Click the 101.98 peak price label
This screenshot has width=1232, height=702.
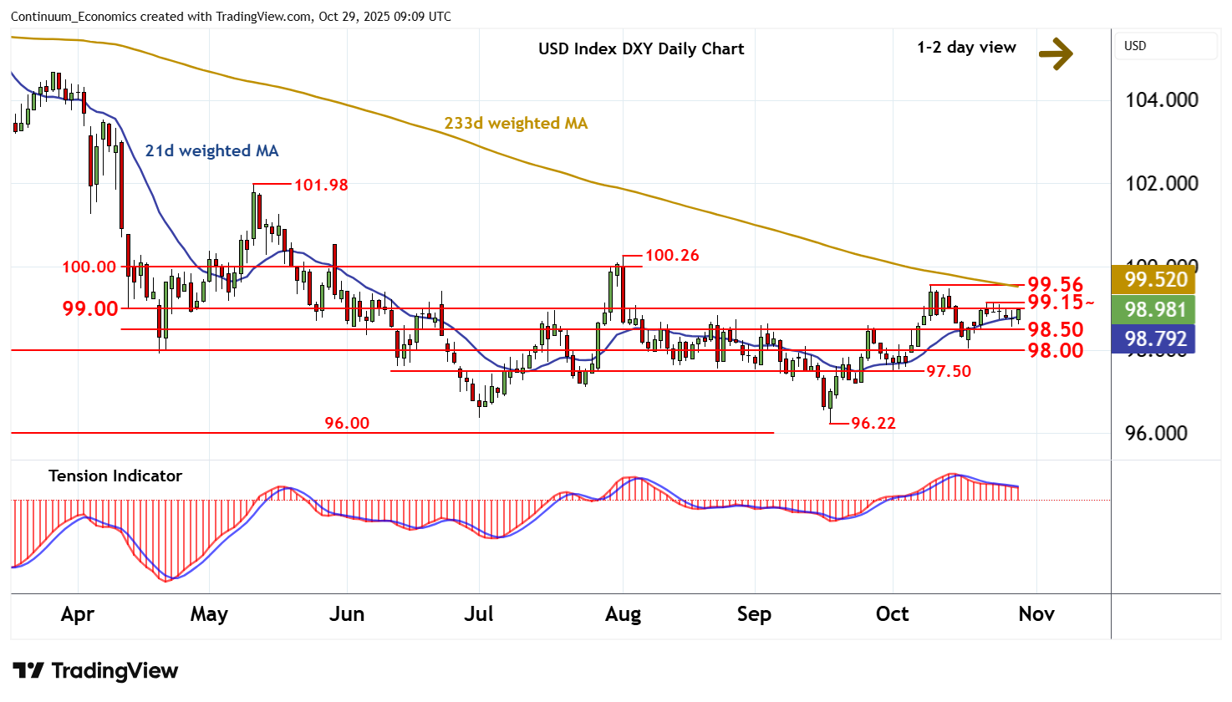tap(321, 185)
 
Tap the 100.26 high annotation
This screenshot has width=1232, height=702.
tap(672, 255)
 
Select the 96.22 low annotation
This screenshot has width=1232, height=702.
tap(873, 423)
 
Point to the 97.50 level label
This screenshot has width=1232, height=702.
tap(948, 371)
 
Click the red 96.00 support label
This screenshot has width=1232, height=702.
tap(347, 423)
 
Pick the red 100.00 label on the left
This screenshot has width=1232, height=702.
tap(89, 267)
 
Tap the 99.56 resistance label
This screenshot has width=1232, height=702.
tap(1055, 284)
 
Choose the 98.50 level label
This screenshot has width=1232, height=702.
tap(1055, 329)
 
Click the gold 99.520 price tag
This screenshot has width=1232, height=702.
tap(1155, 279)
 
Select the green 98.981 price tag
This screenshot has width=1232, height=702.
tap(1155, 309)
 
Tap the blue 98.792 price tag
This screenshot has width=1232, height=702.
tap(1155, 339)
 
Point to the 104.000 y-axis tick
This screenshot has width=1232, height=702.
tap(1162, 99)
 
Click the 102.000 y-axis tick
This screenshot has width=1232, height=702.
tap(1162, 183)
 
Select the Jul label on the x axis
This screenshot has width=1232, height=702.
tap(479, 614)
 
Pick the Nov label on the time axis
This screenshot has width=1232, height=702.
tap(1036, 614)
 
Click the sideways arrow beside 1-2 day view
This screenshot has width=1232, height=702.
tap(1056, 53)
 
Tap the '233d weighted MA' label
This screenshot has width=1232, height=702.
tap(516, 123)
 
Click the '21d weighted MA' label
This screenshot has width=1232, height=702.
tap(211, 150)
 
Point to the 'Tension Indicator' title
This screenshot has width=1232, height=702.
tap(115, 476)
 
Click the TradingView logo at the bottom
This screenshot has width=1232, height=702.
tap(96, 671)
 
